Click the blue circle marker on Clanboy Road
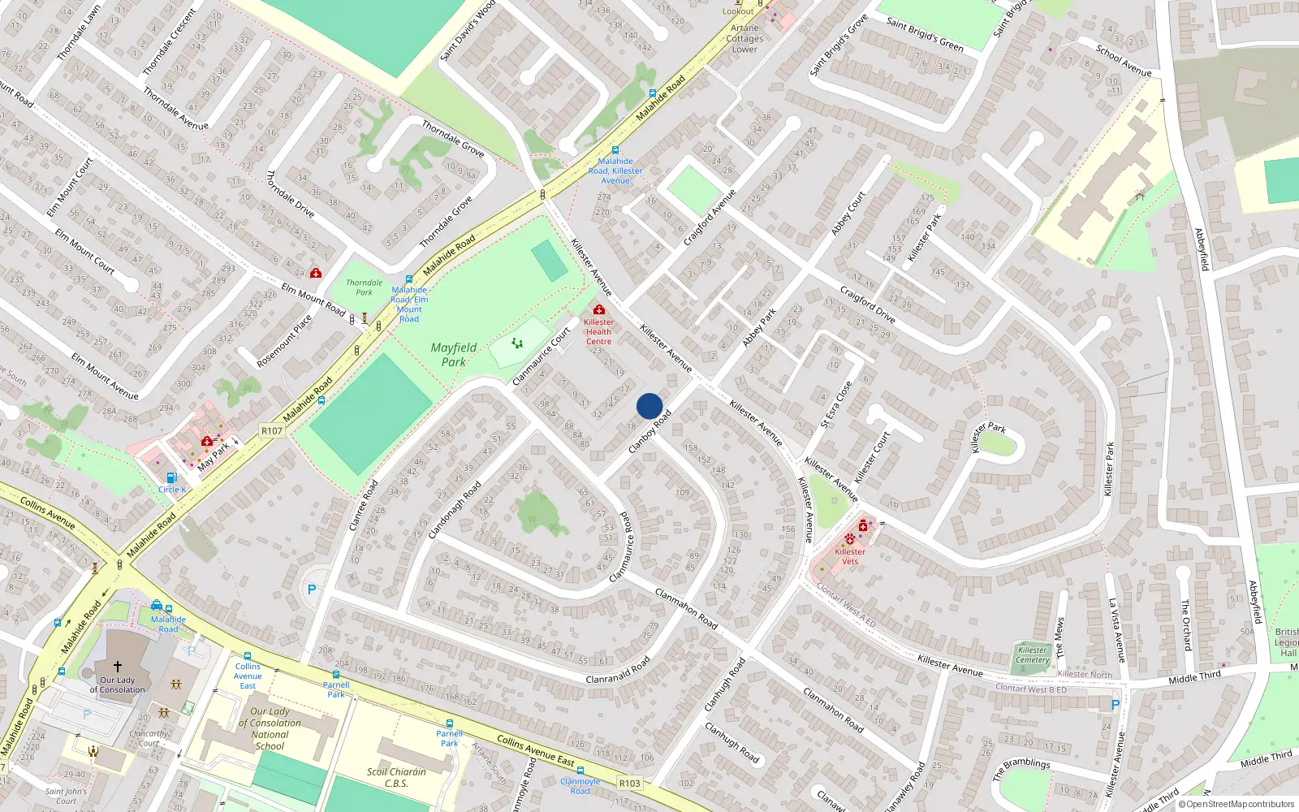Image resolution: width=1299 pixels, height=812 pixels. coord(649,406)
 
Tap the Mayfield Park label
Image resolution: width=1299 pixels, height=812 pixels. coord(454,355)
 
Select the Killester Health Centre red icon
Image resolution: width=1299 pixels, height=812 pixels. coord(599,309)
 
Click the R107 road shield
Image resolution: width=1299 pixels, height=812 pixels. coord(272,430)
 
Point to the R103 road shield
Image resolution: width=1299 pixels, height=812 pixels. coord(629,784)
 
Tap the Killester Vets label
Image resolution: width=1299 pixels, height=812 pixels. coord(850,556)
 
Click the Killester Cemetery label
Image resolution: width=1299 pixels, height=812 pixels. coord(1033,654)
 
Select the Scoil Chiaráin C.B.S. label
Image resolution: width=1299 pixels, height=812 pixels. coord(396,777)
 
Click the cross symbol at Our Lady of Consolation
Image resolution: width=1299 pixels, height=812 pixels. coord(118,666)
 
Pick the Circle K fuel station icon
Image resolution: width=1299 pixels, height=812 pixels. coord(171,478)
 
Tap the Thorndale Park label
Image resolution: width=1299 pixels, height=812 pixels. coord(364,287)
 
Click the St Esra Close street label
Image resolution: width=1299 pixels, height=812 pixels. coord(836,404)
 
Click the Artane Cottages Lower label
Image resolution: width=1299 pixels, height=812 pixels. coord(744,38)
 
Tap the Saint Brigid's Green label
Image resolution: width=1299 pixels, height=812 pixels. coord(925,35)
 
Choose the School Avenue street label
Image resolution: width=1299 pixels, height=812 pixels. coord(1124,61)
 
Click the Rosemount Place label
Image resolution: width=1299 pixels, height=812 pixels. coord(284,342)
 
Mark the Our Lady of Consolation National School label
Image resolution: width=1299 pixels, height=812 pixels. coord(270,728)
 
